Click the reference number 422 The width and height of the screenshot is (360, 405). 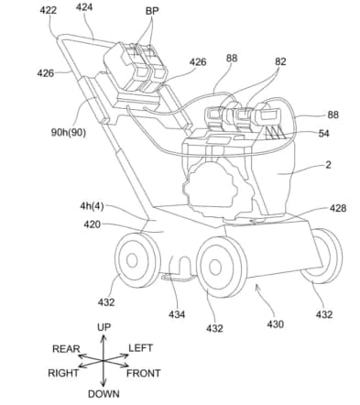tap(48, 10)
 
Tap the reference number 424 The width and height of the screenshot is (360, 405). tap(84, 7)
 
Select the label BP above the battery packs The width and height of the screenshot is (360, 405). tap(152, 11)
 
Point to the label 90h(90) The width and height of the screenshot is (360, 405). tap(69, 133)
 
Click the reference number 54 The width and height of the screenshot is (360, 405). tap(323, 133)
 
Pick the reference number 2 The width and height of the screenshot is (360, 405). tap(328, 165)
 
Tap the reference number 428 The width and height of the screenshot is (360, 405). tap(338, 208)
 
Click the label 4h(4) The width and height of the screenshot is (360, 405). tap(92, 206)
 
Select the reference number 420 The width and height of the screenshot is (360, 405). tap(93, 224)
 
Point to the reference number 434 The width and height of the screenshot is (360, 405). tap(177, 314)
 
